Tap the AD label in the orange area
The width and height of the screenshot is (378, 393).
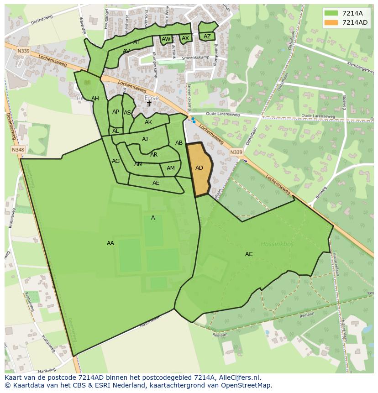click(199, 168)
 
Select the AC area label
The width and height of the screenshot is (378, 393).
click(249, 254)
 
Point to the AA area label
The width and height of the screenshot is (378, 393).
click(110, 243)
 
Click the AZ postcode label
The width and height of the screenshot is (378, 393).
click(207, 37)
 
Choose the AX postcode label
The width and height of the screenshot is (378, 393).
click(185, 38)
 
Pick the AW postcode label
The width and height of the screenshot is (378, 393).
click(166, 39)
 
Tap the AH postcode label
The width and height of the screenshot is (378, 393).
click(95, 99)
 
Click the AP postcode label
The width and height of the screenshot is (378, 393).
click(115, 112)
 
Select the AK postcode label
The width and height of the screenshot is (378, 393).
click(148, 122)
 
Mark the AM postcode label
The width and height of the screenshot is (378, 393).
click(171, 168)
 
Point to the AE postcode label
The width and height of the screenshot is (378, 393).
click(156, 183)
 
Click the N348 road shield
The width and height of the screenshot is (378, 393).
click(18, 150)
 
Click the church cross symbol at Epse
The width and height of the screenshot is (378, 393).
click(149, 104)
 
